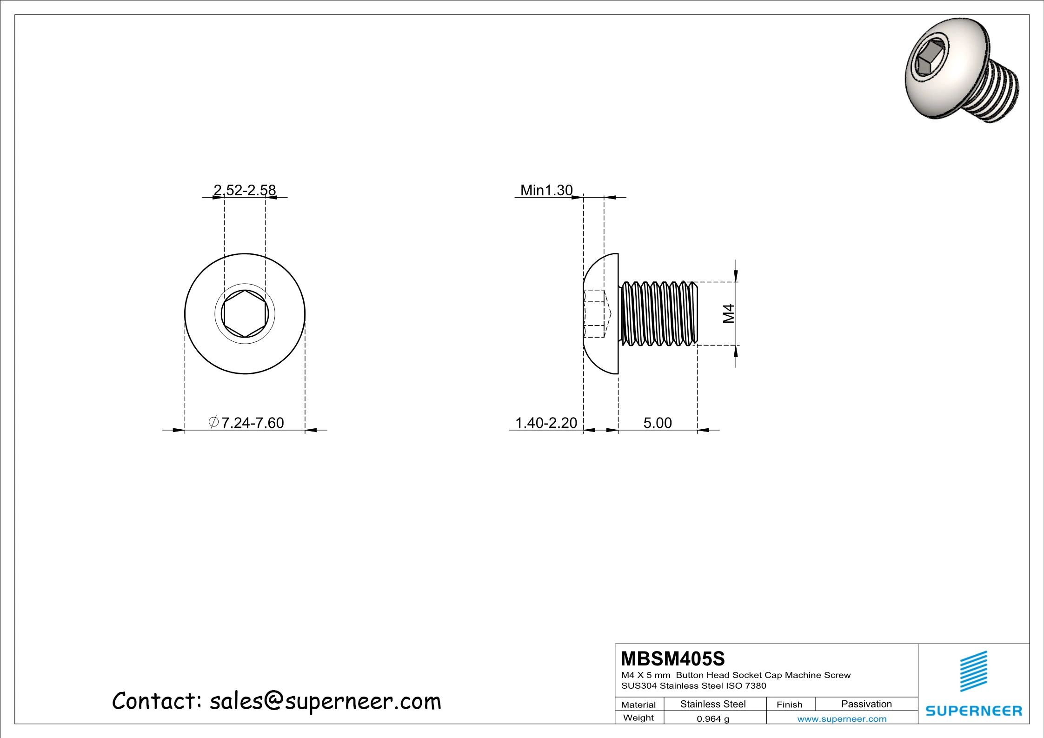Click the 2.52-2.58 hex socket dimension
(x=245, y=190)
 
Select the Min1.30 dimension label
(x=546, y=190)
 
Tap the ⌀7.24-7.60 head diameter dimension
(x=246, y=423)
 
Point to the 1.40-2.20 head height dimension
(x=546, y=423)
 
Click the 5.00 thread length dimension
(x=657, y=423)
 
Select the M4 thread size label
(x=729, y=313)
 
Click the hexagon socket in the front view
(x=245, y=314)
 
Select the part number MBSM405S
(x=672, y=659)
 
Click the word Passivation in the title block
(x=866, y=704)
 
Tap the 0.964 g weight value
(x=712, y=719)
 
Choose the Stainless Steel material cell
(x=712, y=704)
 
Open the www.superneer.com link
(x=841, y=719)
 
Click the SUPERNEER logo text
(x=973, y=711)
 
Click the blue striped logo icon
(x=973, y=671)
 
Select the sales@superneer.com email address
(x=325, y=701)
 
